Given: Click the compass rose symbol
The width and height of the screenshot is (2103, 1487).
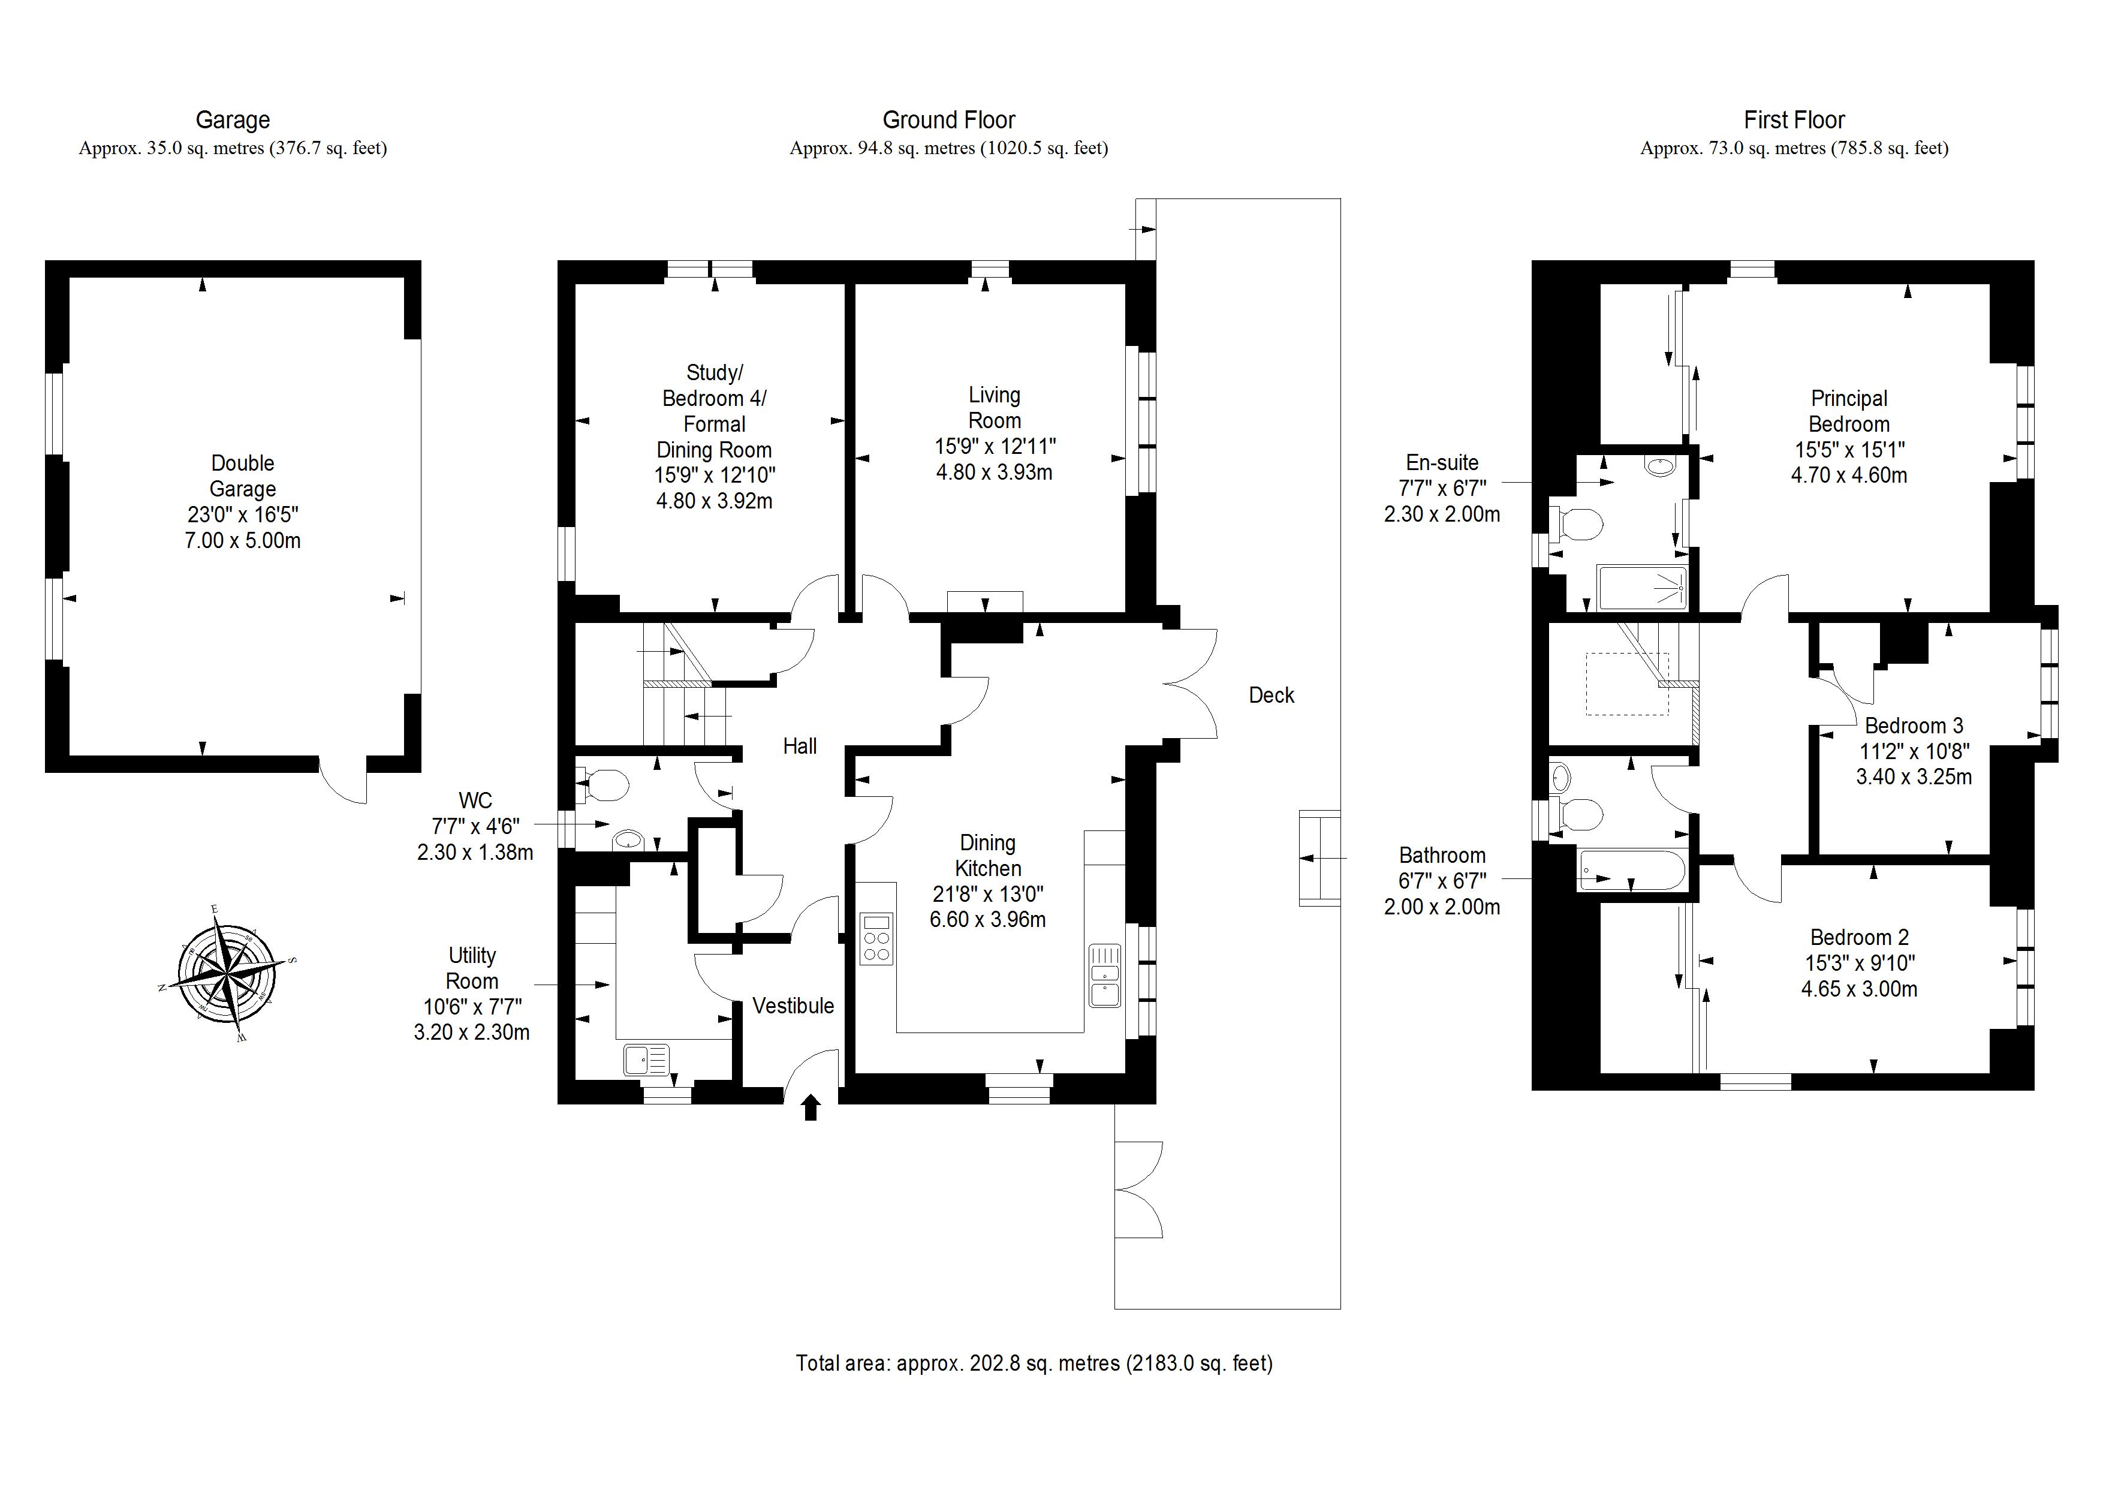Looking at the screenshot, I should click(227, 973).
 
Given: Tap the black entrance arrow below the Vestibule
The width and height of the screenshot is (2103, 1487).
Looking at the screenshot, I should click(811, 1109).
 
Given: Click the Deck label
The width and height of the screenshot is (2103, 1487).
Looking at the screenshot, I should click(1272, 696).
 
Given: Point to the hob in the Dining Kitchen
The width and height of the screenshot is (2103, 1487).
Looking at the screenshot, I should click(876, 938).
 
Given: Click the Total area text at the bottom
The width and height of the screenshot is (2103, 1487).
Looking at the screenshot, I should click(1033, 1363).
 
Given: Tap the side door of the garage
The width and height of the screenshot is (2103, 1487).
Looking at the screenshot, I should click(344, 779).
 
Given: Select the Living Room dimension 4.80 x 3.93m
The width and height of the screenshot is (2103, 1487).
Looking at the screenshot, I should click(994, 472).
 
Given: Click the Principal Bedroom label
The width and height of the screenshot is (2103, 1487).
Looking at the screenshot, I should click(1848, 411).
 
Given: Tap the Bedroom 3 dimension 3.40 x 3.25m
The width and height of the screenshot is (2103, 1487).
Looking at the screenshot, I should click(1914, 777).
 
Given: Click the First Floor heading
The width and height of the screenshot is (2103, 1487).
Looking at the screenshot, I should click(1794, 120).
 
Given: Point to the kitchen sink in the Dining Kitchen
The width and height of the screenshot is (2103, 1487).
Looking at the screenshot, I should click(1105, 975).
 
